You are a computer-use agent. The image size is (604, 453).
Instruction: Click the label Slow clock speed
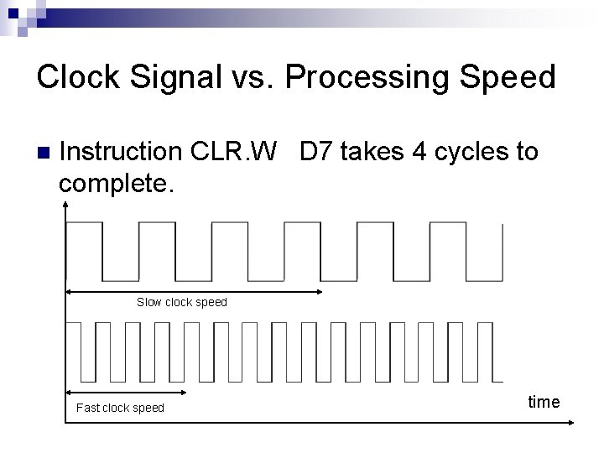pos(181,302)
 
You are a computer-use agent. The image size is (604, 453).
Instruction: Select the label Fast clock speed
pos(120,408)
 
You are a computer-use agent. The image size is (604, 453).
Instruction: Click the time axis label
pos(544,402)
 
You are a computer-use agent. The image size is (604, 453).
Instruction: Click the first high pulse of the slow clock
pos(84,224)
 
